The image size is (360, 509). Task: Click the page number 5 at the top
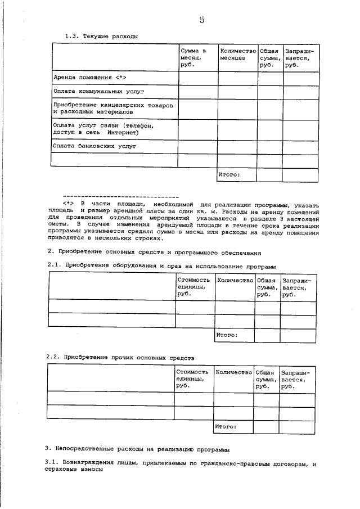click(201, 21)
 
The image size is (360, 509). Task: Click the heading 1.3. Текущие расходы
click(101, 37)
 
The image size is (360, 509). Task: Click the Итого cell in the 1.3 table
click(229, 174)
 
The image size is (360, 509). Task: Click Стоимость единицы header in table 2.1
click(193, 286)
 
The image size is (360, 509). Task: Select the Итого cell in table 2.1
click(227, 335)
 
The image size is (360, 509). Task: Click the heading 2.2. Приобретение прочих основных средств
click(120, 357)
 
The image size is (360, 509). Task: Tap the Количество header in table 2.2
click(233, 372)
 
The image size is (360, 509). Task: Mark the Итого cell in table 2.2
click(226, 427)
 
